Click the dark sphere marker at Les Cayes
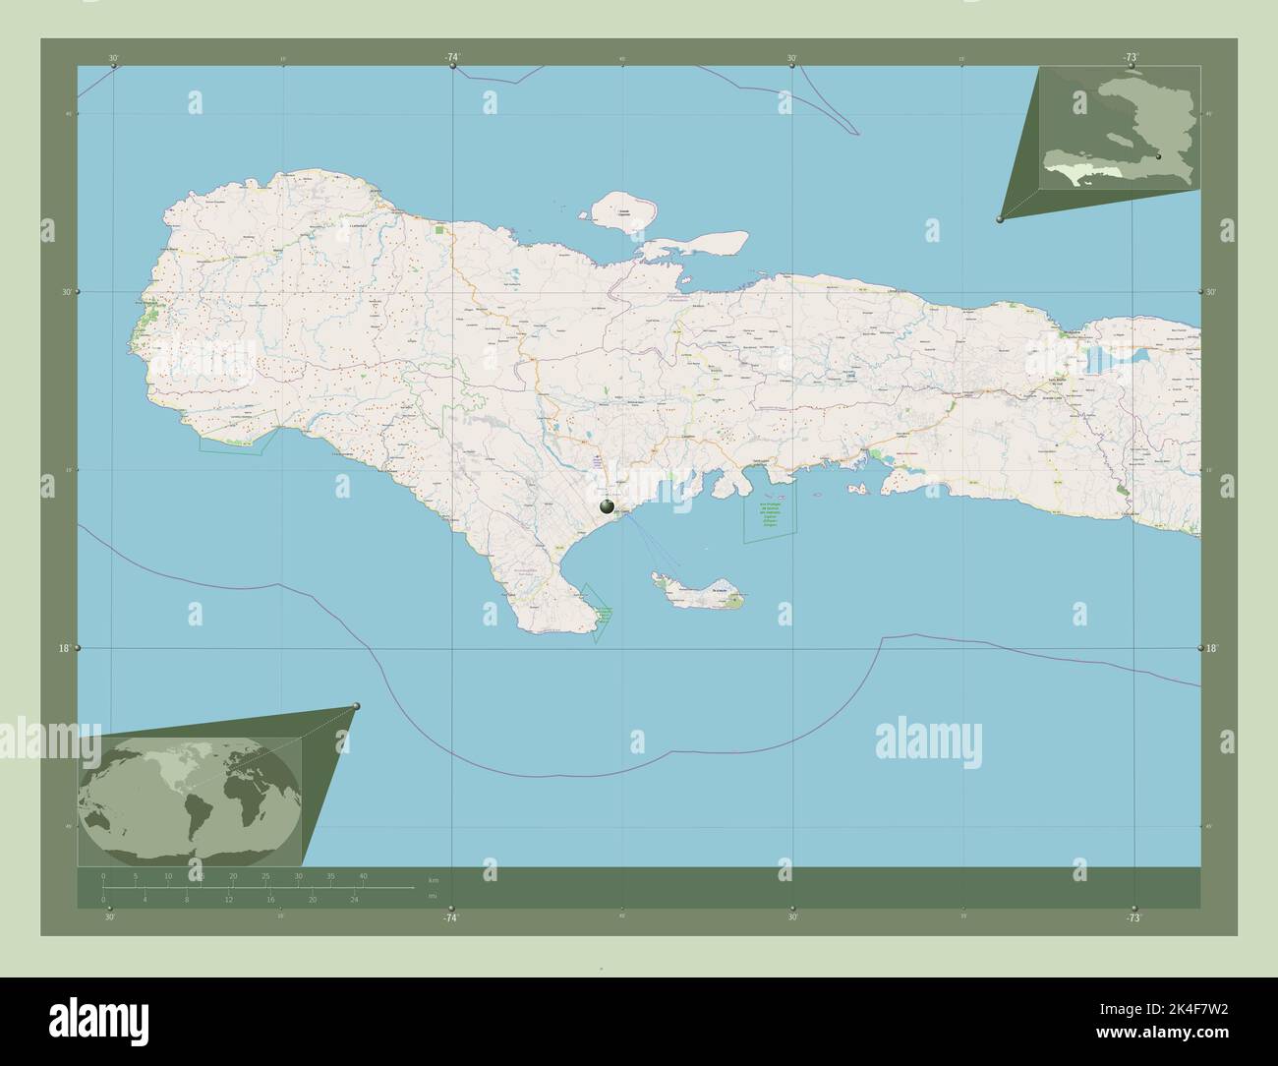point(608,506)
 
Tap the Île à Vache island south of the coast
point(700,593)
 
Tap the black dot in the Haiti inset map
point(1160,156)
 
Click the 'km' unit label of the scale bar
point(434,878)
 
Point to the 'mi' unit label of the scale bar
point(433,897)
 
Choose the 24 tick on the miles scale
point(355,900)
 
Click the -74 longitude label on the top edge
point(451,58)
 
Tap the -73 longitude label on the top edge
point(1132,58)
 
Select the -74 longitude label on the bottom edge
point(450,918)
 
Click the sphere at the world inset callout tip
point(356,706)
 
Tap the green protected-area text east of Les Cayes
point(772,516)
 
